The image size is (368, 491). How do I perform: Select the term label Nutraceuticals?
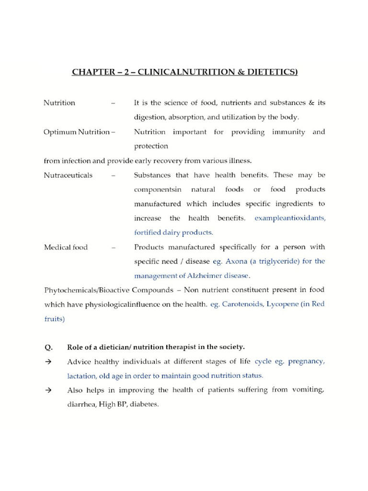68,175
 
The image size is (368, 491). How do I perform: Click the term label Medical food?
66,247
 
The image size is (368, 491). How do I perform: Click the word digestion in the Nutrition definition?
149,117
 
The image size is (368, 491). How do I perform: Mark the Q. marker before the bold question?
47,347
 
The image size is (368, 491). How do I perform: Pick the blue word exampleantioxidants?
290,218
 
